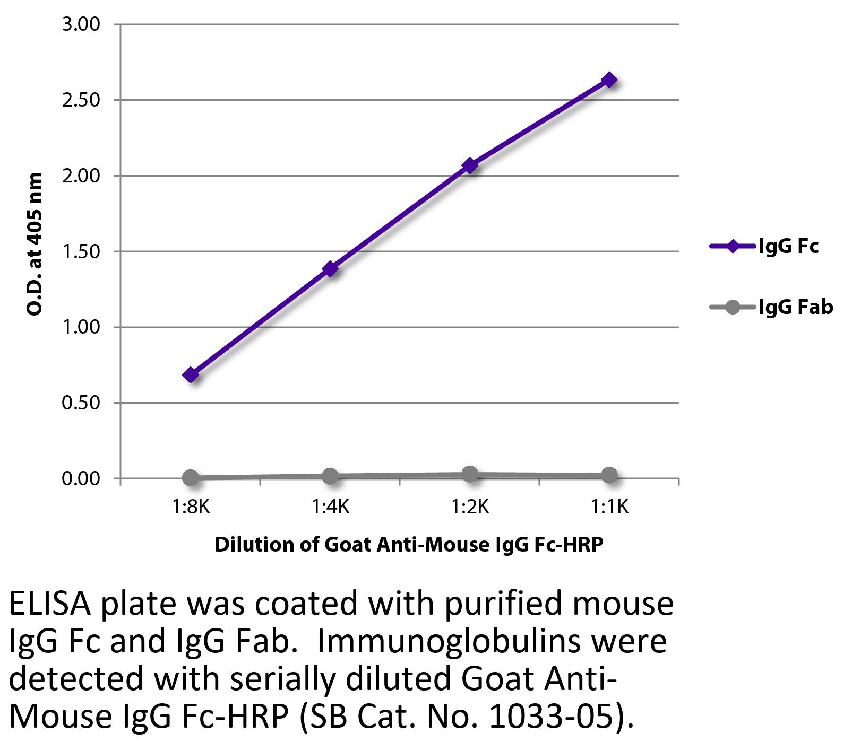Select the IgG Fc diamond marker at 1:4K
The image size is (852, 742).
pyautogui.click(x=330, y=269)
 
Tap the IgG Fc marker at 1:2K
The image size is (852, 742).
pyautogui.click(x=470, y=165)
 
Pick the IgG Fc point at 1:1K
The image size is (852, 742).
pyautogui.click(x=609, y=80)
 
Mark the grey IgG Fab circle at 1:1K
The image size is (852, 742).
pyautogui.click(x=609, y=475)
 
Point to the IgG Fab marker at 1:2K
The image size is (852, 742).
pyautogui.click(x=470, y=474)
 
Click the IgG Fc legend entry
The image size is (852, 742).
pyautogui.click(x=764, y=247)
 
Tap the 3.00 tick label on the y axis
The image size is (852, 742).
pyautogui.click(x=81, y=24)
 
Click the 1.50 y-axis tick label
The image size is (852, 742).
pyautogui.click(x=81, y=251)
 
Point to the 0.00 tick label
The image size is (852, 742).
pyautogui.click(x=81, y=478)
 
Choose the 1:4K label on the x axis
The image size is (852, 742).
pyautogui.click(x=330, y=508)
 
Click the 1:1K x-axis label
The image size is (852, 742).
pyautogui.click(x=609, y=508)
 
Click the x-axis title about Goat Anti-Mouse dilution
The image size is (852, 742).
pyautogui.click(x=409, y=545)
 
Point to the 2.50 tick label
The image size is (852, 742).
pyautogui.click(x=81, y=100)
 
